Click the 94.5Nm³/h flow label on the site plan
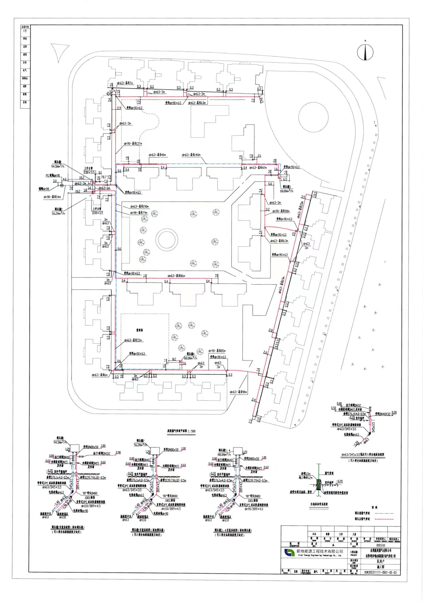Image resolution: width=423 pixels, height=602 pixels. [x=57, y=166]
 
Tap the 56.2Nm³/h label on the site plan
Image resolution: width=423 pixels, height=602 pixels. [x=57, y=213]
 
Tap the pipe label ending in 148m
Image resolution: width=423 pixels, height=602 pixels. [x=191, y=155]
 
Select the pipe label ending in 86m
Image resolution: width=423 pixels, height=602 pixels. [x=176, y=276]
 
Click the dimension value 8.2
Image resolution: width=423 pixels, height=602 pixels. [x=174, y=359]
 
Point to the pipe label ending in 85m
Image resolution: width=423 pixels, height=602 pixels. [x=217, y=351]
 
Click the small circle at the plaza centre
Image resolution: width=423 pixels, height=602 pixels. [x=166, y=239]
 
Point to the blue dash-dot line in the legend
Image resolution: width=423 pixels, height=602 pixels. [x=384, y=513]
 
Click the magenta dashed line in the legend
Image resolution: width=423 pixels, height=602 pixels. [x=384, y=519]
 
